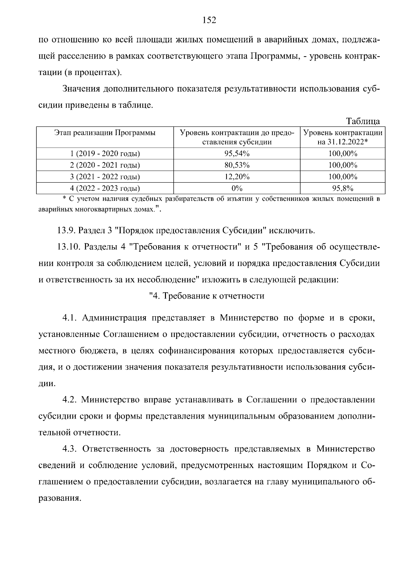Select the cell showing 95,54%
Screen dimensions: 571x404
[x=237, y=154]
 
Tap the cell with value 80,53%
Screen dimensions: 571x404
[x=237, y=165]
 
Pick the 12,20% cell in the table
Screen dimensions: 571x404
[x=237, y=177]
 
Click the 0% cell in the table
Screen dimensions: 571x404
[x=237, y=188]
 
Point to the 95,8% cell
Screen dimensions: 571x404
[x=343, y=188]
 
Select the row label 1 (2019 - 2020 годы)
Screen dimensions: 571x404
[x=105, y=154]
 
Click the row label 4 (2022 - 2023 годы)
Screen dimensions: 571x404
[x=105, y=188]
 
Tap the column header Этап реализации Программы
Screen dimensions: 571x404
[x=105, y=133]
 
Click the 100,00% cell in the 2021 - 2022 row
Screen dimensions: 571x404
[x=343, y=177]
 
